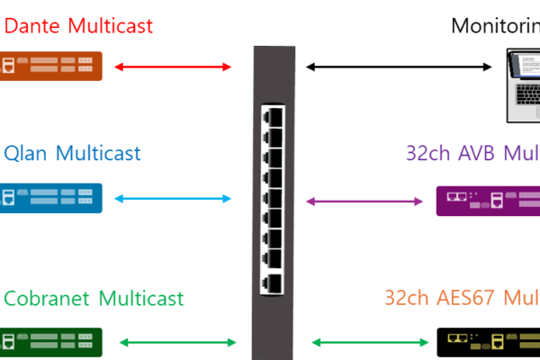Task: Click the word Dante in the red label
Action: [x=32, y=26]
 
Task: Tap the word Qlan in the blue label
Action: [x=25, y=153]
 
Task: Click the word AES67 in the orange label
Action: [x=463, y=298]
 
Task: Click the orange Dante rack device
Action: [x=50, y=66]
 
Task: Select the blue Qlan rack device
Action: [x=50, y=198]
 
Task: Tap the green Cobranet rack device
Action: [x=50, y=342]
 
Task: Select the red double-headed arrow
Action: [x=173, y=67]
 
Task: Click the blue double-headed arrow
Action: [x=173, y=199]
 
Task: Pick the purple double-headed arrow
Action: [x=364, y=202]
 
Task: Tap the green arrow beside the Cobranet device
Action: [x=177, y=342]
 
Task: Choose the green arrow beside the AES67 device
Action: [x=370, y=342]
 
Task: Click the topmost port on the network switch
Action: [x=273, y=116]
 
